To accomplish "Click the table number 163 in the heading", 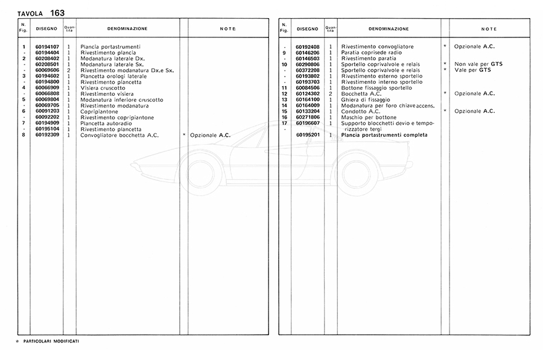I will [58, 13].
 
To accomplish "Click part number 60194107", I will [46, 46].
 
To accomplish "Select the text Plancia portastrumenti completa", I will [384, 135].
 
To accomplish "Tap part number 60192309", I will [46, 135].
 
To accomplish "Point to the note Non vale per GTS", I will [478, 64].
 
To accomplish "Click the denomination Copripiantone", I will [97, 112].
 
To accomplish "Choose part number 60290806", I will [307, 64].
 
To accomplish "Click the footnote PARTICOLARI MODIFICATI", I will [51, 341].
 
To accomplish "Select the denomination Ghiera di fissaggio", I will [366, 99].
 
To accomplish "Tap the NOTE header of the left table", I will [227, 29].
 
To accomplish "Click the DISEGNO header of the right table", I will [307, 29].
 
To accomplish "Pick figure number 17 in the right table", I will [284, 123].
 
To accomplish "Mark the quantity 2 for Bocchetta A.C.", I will [331, 93].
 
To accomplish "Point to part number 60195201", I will [307, 135].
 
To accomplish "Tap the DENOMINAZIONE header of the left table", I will [127, 29].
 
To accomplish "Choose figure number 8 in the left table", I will [23, 135].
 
